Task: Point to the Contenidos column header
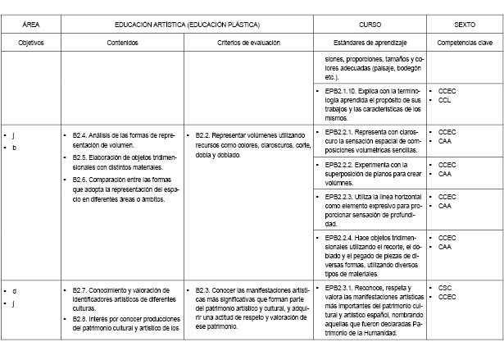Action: (122, 41)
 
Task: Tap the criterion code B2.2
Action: (205, 134)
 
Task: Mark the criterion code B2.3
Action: (205, 289)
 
